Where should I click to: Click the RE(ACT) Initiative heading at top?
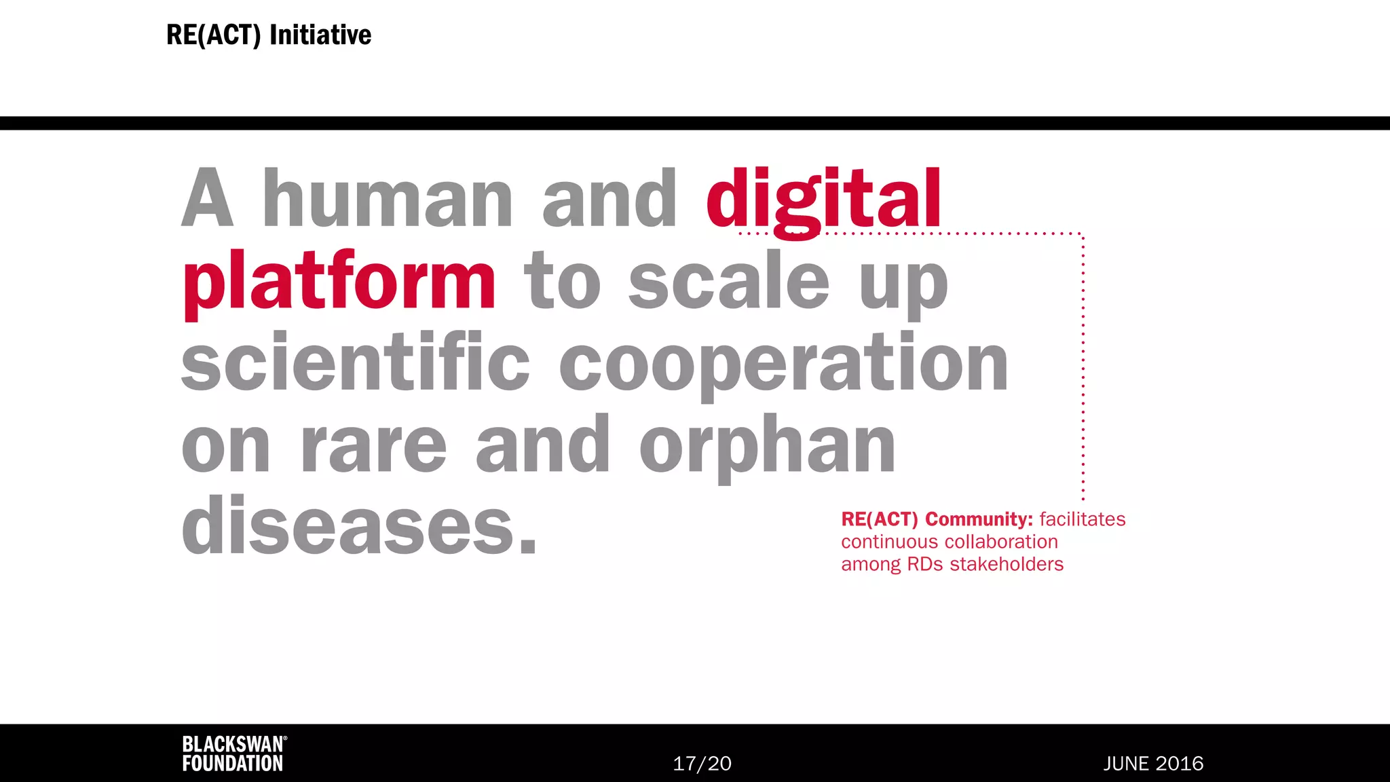tap(269, 35)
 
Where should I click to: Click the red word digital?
tap(823, 200)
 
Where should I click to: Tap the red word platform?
tap(339, 282)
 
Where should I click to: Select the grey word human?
tap(388, 200)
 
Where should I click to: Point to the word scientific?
tap(355, 362)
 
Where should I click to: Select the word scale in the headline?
tap(729, 282)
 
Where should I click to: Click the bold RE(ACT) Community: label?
tap(937, 519)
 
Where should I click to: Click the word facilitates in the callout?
tap(1082, 519)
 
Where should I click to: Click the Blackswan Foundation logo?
tap(234, 753)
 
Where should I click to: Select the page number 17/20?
tap(702, 764)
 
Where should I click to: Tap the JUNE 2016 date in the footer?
tap(1153, 764)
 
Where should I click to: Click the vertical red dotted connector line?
tap(1083, 367)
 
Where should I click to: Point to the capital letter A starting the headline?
tap(208, 200)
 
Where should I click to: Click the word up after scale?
tap(903, 285)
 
